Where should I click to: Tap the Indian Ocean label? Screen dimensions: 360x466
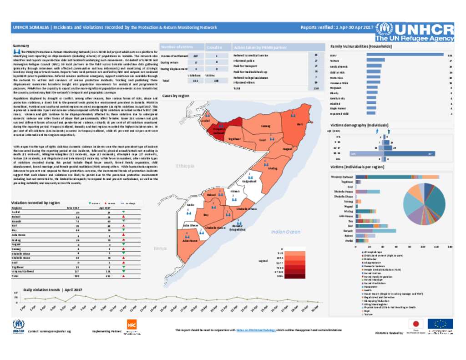(x=285, y=232)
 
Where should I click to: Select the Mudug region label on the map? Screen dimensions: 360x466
(x=273, y=167)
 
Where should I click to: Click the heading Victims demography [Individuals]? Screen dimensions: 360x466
(x=359, y=125)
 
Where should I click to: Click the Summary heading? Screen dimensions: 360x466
(x=20, y=46)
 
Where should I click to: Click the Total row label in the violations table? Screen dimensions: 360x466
(x=15, y=276)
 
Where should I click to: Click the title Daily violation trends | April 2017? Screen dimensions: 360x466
(x=53, y=290)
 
